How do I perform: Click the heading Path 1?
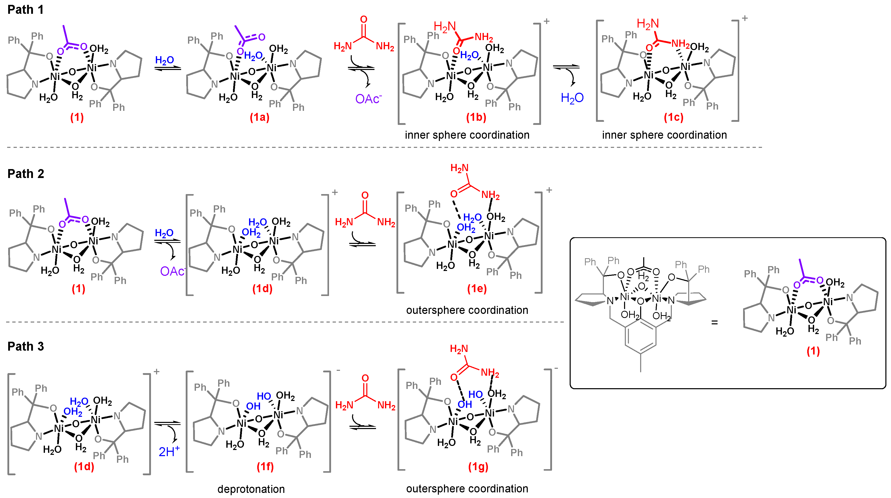26,10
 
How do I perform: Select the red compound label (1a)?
260,117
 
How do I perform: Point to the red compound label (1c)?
673,117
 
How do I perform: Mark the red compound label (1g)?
478,467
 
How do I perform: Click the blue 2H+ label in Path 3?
169,451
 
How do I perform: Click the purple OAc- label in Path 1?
368,99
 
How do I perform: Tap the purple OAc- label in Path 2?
172,271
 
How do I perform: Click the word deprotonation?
251,489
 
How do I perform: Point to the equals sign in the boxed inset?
714,323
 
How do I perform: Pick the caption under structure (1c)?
664,135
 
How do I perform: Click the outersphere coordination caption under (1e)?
467,310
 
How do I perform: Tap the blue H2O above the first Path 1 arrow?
164,60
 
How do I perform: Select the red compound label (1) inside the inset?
813,351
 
